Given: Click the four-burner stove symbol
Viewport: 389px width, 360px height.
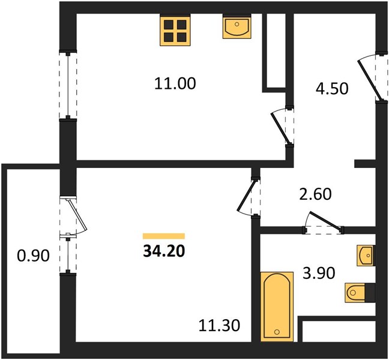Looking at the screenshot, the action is (175, 30).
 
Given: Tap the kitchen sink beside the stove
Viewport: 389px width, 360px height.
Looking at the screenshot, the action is (237, 26).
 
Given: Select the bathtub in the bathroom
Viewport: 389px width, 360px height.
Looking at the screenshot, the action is (277, 307).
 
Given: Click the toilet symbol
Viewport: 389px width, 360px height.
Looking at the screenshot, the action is (360, 293).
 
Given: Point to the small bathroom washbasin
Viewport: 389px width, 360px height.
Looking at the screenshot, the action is (366, 256).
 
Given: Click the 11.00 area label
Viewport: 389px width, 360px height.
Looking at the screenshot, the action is (175, 83).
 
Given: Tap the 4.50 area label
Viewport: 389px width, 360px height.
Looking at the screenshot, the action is (332, 89).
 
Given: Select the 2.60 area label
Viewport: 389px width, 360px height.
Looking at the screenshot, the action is (315, 194).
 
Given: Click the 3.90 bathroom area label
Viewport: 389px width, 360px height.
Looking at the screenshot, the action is (319, 273).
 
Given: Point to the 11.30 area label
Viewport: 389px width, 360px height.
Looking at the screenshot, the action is (219, 325).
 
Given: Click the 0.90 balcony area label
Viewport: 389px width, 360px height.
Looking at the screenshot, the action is (33, 256).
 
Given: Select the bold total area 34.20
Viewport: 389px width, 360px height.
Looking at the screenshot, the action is (164, 251).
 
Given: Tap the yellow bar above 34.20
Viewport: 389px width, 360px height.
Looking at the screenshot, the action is (164, 236).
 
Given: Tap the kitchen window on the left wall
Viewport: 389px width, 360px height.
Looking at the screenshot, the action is (68, 85).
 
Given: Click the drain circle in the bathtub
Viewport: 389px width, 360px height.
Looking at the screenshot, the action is (277, 332).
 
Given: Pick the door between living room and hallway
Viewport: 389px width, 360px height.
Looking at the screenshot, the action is (246, 196).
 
